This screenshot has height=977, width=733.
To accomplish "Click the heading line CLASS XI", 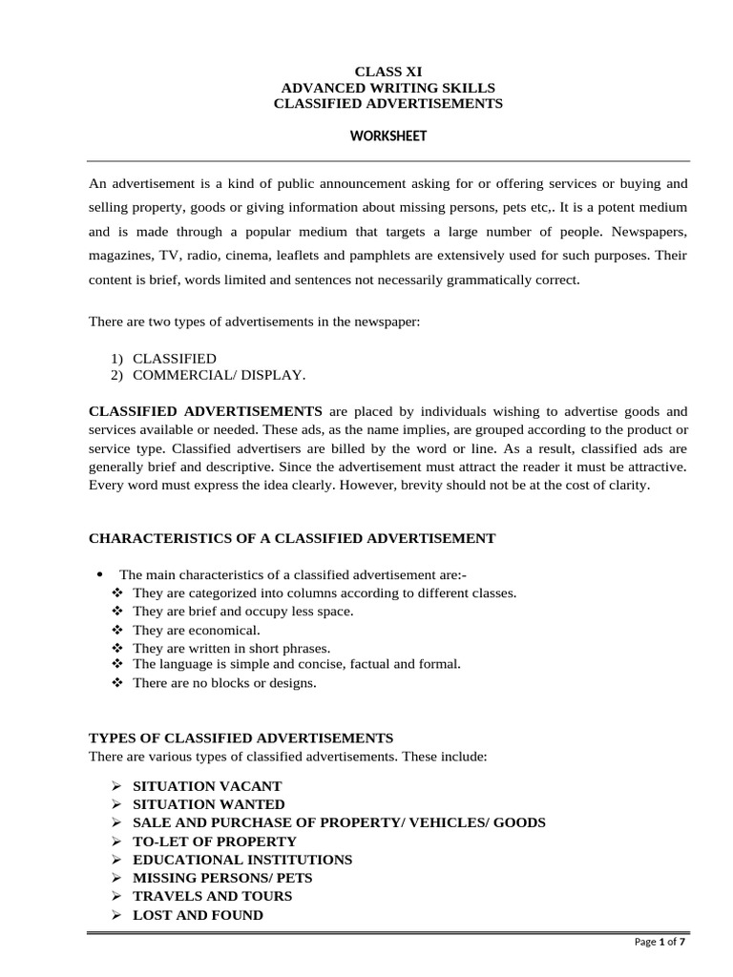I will click(387, 72).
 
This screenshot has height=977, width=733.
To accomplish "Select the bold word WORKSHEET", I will click(387, 136).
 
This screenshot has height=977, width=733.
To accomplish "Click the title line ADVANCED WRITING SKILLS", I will click(387, 88).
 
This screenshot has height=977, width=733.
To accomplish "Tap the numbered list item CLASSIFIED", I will click(174, 359).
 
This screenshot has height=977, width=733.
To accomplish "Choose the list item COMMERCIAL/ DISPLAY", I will click(219, 375).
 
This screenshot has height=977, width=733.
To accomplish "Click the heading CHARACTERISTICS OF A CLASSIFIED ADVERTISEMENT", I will click(292, 538).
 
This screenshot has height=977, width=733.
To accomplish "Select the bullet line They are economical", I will click(196, 631).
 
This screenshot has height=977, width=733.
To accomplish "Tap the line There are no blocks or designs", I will click(223, 683).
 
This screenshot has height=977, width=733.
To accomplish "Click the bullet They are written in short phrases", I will click(231, 648).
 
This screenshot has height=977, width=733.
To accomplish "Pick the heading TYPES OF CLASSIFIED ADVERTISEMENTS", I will click(241, 738).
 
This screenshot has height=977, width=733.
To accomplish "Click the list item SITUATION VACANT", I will click(207, 786).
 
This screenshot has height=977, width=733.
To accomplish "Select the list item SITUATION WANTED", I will click(208, 804).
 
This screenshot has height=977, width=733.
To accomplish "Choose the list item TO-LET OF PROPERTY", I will click(214, 842).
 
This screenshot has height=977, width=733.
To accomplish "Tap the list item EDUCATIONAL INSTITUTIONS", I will click(241, 860).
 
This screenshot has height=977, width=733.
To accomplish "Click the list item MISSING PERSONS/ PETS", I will click(221, 878).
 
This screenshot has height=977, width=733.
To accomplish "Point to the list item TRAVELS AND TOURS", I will click(212, 896).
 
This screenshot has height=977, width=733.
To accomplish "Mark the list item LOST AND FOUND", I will click(198, 915).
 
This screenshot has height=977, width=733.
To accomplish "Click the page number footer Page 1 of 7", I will click(660, 943).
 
